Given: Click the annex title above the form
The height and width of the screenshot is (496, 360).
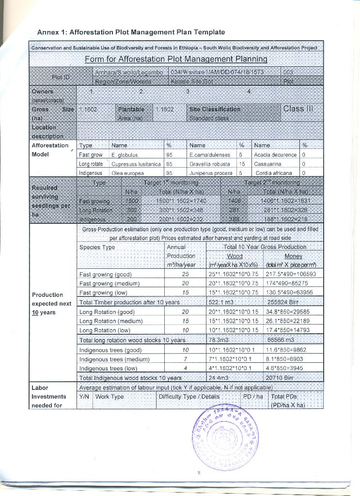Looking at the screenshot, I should tap(131, 32).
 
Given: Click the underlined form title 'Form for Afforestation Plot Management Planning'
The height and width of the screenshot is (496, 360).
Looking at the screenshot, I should tap(176, 59).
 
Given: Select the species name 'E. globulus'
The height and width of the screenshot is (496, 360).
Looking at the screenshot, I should tap(123, 155).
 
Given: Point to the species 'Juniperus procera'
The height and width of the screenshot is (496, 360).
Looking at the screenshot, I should tap(211, 173).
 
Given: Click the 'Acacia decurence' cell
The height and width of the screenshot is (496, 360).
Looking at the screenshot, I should tap(275, 155).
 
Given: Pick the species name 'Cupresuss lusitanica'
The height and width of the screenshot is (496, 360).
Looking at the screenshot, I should tap(136, 164).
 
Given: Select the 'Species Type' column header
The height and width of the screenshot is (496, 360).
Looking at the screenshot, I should tap(97, 247).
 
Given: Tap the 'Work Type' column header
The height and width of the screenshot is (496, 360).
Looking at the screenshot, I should tap(110, 397).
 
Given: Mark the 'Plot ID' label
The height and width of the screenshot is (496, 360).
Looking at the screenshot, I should tap(61, 77).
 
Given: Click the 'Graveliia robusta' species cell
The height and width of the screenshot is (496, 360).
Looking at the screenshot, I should tap(211, 164).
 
